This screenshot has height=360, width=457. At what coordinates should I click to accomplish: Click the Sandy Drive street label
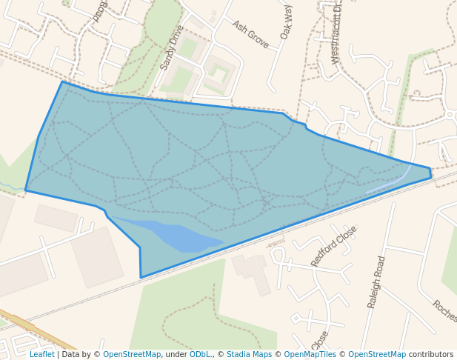[x=172, y=48]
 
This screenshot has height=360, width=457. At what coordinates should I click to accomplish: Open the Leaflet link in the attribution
[x=41, y=354]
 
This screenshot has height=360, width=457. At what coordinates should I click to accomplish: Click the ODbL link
[x=200, y=354]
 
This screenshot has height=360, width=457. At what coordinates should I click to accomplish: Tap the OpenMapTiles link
[x=310, y=354]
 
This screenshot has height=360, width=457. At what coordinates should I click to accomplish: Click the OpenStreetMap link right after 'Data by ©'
[x=132, y=354]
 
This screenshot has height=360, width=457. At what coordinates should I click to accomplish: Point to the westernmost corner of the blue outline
[x=26, y=190]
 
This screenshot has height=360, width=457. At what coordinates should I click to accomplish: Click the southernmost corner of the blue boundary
[x=141, y=277]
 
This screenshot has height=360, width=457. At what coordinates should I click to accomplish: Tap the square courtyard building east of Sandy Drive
[x=219, y=74]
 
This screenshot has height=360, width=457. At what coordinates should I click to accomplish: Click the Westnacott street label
[x=337, y=33]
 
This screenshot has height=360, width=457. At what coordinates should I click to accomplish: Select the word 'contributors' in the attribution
[x=430, y=354]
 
